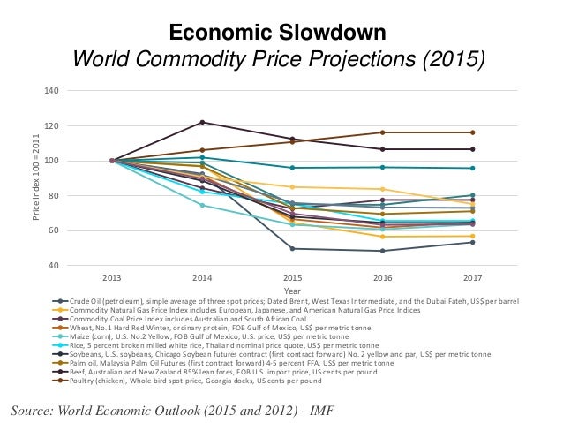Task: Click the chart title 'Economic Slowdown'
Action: pyautogui.click(x=278, y=34)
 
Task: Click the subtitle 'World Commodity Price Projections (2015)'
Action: pyautogui.click(x=278, y=60)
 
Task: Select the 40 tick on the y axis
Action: pyautogui.click(x=52, y=266)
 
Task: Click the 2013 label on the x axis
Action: pyautogui.click(x=112, y=277)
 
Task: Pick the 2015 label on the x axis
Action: pyautogui.click(x=292, y=277)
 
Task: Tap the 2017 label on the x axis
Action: pyautogui.click(x=472, y=277)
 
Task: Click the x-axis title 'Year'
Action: pyautogui.click(x=292, y=290)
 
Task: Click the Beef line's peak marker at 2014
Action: pyautogui.click(x=202, y=122)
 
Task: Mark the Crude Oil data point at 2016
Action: pyautogui.click(x=382, y=251)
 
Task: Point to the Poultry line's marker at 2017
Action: pyautogui.click(x=472, y=132)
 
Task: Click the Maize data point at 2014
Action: pyautogui.click(x=202, y=205)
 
